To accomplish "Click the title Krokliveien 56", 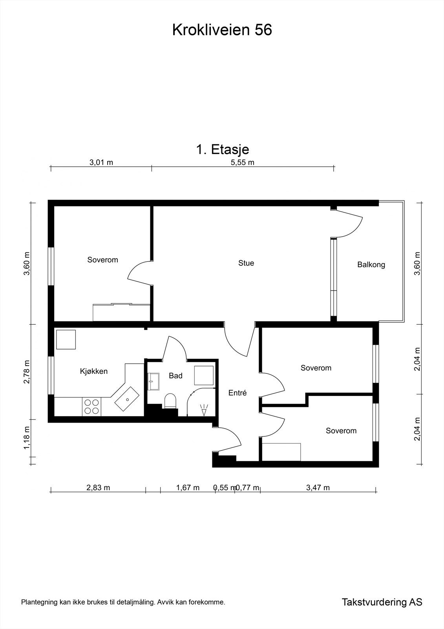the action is point(222,30).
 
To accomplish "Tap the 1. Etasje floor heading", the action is point(223,149).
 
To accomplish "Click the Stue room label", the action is point(246,263).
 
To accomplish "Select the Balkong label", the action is point(371,265).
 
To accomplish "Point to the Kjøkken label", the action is point(94,371).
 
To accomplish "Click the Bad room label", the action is point(175,376).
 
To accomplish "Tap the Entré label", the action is point(237,393).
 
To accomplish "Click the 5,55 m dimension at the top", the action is point(242,163).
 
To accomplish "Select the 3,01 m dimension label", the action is point(101,163).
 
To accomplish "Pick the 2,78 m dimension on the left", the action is point(27,372).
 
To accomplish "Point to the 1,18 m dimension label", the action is point(27,438).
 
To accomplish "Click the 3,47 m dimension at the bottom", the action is point(318,488).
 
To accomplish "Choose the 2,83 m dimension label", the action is point(98,488).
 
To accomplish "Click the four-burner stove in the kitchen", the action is point(91,406).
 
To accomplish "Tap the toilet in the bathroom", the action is point(170,401).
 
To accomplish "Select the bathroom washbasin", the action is point(153,381).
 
